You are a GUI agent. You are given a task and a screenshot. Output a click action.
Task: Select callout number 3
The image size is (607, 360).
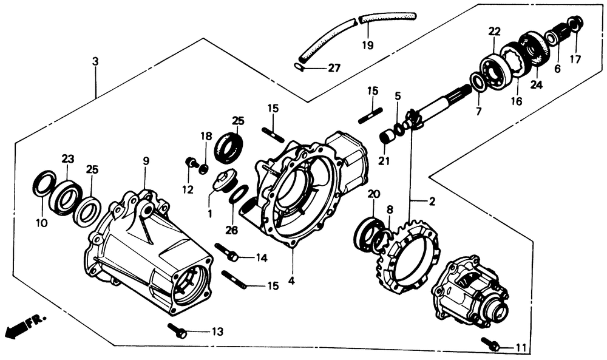click(x=95, y=62)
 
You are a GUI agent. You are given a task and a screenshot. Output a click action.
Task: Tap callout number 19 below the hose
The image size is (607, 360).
click(x=367, y=45)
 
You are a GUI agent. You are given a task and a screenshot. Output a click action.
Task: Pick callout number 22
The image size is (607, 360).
click(x=494, y=32)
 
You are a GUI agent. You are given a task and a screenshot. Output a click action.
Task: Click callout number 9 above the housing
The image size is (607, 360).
click(x=146, y=161)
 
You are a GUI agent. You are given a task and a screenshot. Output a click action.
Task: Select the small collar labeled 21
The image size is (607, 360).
click(x=387, y=137)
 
